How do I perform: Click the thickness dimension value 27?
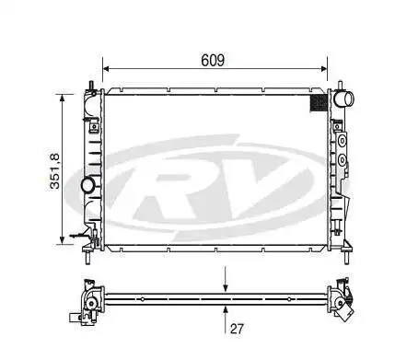pyautogui.click(x=236, y=327)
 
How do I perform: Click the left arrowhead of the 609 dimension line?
pyautogui.click(x=107, y=68)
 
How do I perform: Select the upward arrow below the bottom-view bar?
pyautogui.click(x=226, y=309)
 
